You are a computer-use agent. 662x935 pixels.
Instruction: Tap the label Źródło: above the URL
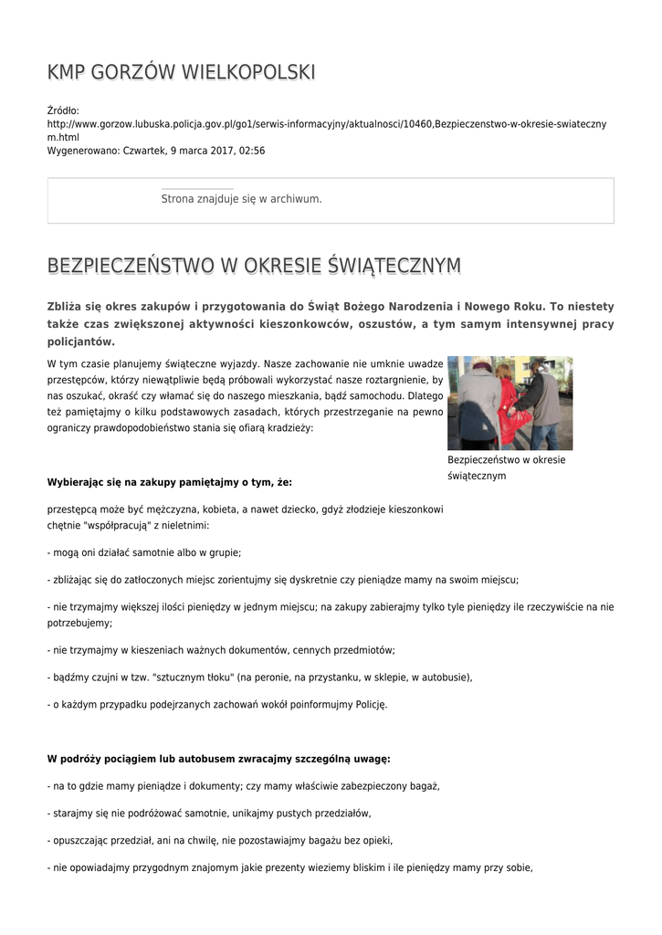pos(63,110)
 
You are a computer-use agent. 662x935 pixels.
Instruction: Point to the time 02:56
pos(253,150)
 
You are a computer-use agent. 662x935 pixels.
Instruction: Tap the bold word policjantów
pos(81,341)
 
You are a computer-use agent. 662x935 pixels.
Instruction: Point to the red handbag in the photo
pos(517,425)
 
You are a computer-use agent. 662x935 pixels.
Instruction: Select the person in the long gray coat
pos(478,402)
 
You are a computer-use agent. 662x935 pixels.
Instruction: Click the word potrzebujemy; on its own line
pos(79,623)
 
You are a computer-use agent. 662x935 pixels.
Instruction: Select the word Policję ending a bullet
pos(370,704)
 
